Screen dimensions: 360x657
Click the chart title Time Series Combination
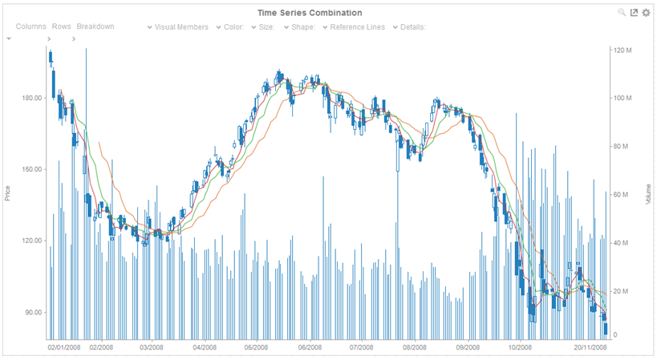coord(310,13)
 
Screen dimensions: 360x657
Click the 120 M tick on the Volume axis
coord(623,50)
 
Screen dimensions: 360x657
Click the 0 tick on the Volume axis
coord(615,335)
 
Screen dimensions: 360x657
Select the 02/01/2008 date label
coord(64,348)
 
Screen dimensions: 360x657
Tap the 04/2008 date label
coord(205,348)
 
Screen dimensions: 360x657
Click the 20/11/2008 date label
coord(590,348)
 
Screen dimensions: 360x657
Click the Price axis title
coord(8,193)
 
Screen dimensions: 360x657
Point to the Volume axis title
coord(648,192)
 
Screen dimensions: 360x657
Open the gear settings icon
coord(646,13)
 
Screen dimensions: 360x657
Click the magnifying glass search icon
coord(621,13)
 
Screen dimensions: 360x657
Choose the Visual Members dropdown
coord(177,27)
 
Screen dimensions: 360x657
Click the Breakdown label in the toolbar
coord(95,26)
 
